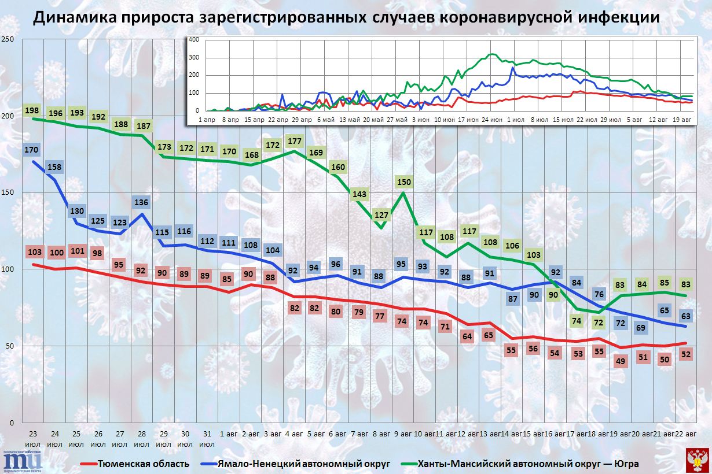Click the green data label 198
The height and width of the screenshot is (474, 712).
click(x=32, y=110)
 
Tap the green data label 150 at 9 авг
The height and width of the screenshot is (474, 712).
click(x=404, y=182)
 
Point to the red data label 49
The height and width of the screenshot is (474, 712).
click(x=620, y=362)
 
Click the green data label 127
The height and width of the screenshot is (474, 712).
click(x=381, y=216)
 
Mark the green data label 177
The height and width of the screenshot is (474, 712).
click(x=295, y=141)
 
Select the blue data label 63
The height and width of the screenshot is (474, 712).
click(x=685, y=316)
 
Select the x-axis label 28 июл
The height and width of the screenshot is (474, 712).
click(x=142, y=439)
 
